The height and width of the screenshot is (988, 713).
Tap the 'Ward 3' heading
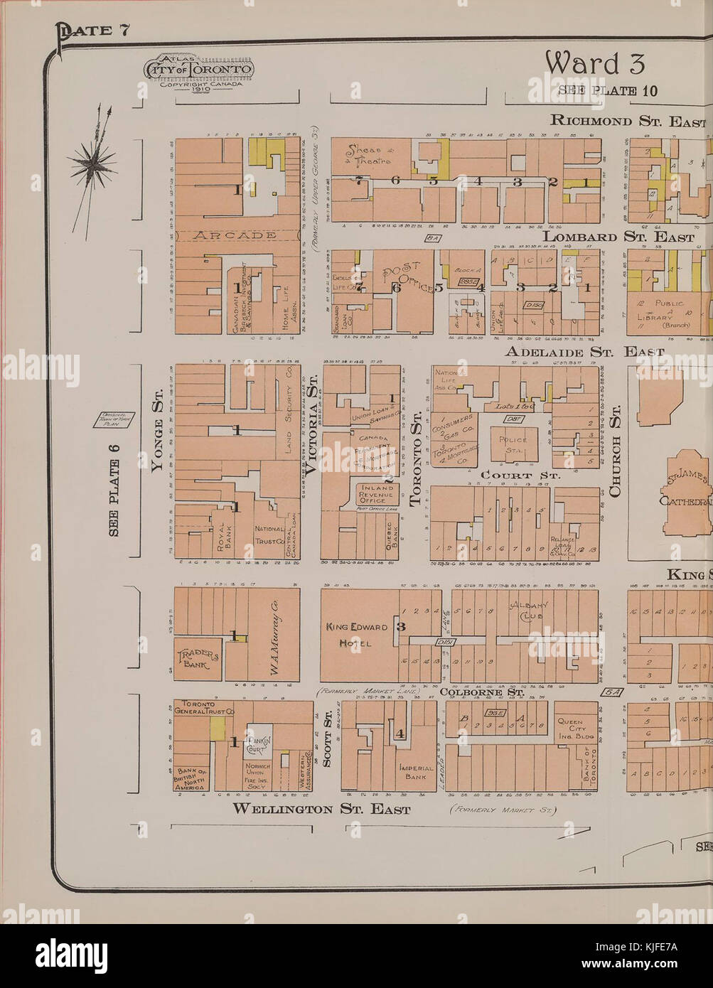click(x=595, y=64)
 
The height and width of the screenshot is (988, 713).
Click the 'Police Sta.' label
click(x=513, y=445)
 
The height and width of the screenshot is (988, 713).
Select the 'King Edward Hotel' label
click(x=357, y=635)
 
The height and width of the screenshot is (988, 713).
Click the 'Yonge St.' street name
click(x=159, y=431)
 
